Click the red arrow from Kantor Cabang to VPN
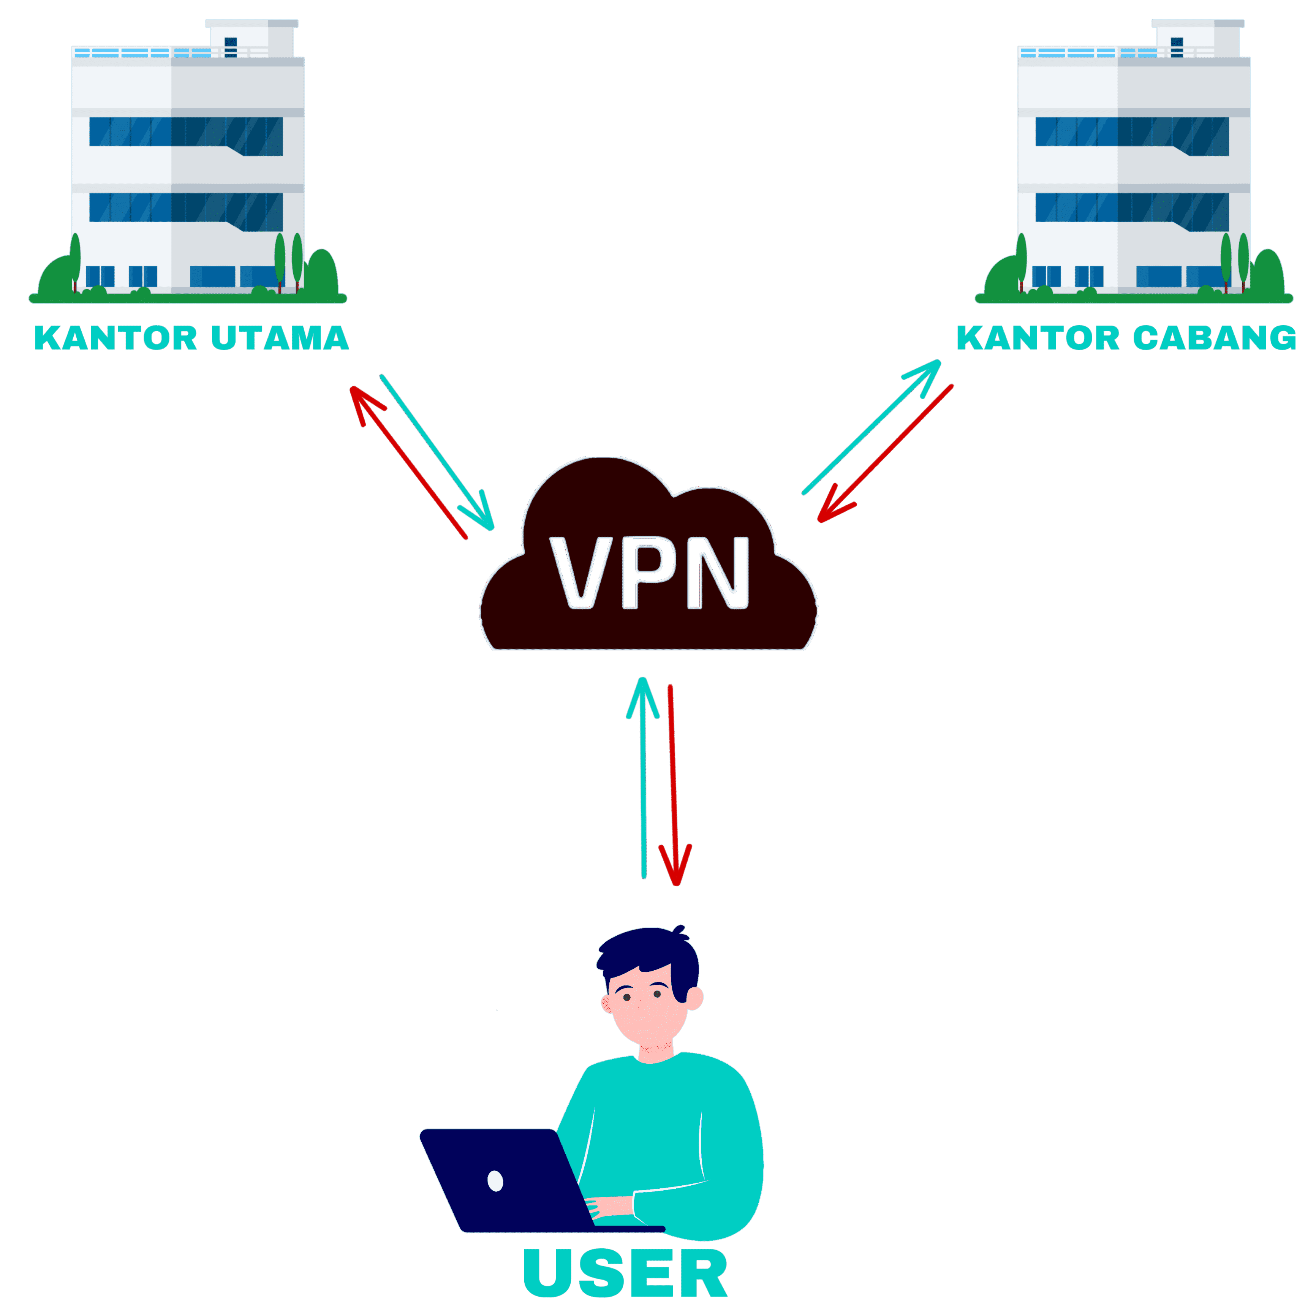click(886, 453)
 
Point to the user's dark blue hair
click(647, 954)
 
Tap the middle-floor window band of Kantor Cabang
click(1132, 208)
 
